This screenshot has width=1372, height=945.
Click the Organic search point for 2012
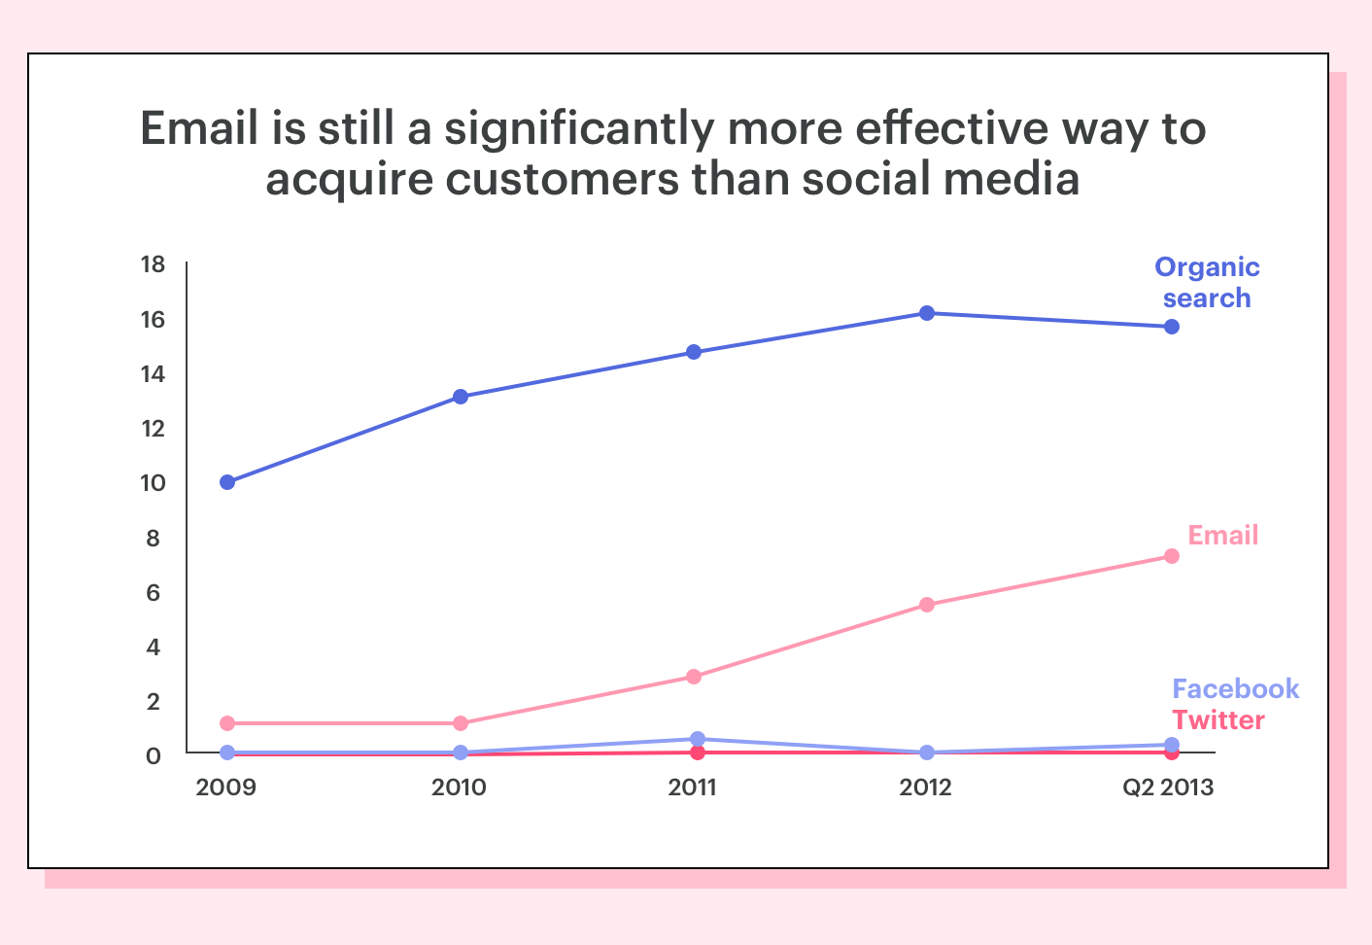coord(927,313)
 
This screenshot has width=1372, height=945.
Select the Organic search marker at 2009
coord(227,482)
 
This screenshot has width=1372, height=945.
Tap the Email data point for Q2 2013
coord(1171,556)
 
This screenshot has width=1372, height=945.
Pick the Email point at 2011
coord(694,677)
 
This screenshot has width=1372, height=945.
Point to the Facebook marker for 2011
coord(697,739)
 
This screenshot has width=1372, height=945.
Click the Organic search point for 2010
coord(461,397)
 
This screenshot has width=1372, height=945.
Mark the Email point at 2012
coord(927,605)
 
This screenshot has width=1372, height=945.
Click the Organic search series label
coord(1207,283)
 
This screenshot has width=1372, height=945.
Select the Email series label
coord(1223,535)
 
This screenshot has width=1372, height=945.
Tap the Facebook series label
coord(1235,689)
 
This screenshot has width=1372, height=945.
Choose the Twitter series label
coord(1218,720)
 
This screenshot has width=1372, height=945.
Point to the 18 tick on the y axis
coord(153,264)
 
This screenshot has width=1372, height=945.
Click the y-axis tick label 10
coord(153,483)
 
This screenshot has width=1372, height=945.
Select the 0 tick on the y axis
coord(154,755)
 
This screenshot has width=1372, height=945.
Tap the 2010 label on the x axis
coord(459,787)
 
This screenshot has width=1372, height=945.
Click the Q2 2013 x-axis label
coord(1167,787)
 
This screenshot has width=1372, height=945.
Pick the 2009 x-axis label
coord(226,787)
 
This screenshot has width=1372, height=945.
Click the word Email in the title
coord(199,128)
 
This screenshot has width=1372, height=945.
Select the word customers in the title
coord(562,179)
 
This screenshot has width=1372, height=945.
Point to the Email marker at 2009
coord(227,723)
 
